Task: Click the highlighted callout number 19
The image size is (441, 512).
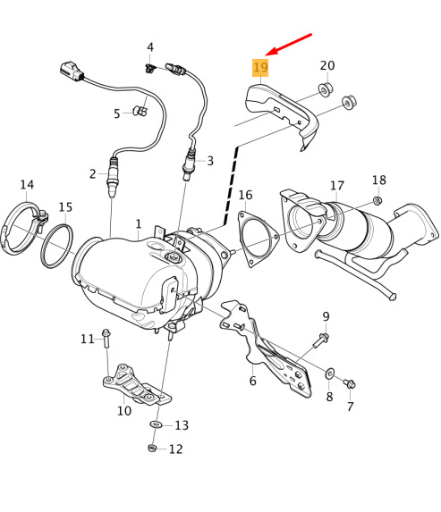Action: (260, 68)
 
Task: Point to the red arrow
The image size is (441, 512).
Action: (289, 44)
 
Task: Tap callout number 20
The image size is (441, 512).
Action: (327, 65)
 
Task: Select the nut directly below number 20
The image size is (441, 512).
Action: (326, 89)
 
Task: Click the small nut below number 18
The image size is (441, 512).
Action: (377, 200)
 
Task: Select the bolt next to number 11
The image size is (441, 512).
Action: (106, 339)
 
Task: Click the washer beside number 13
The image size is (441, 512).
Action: (156, 424)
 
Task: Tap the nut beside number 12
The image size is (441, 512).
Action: (152, 448)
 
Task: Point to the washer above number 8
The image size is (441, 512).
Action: (329, 373)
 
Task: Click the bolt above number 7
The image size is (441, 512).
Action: (350, 383)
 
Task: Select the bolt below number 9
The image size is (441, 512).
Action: (321, 340)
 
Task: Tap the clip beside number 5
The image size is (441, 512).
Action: (140, 111)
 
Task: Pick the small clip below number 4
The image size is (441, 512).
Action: (149, 69)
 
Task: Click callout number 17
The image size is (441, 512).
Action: (337, 186)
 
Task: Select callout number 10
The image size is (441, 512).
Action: (124, 410)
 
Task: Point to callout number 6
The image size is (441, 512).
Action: (252, 381)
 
